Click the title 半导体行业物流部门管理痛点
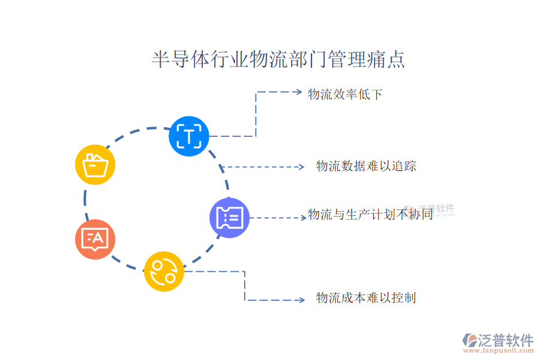tap(278, 60)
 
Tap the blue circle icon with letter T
tap(189, 136)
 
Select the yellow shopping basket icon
tap(95, 164)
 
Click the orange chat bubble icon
tap(95, 239)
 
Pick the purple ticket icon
tap(229, 217)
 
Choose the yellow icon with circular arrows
tap(163, 271)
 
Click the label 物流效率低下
tap(345, 94)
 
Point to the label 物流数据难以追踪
tap(366, 166)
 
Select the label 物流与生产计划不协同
tap(370, 214)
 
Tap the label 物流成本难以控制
tap(366, 298)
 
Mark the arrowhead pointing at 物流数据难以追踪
tap(302, 166)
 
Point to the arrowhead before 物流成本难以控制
tap(302, 299)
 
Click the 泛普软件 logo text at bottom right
tap(506, 341)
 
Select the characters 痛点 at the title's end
tap(389, 60)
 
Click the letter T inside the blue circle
tap(189, 136)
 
